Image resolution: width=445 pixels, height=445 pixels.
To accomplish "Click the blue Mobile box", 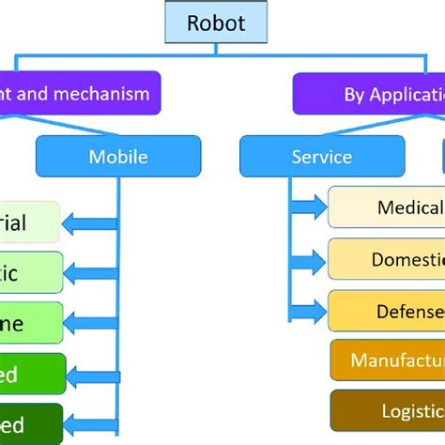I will tap(118, 156).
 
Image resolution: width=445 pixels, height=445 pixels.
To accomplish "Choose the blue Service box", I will tap(295, 156).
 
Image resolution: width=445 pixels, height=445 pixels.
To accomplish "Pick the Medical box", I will tap(386, 207).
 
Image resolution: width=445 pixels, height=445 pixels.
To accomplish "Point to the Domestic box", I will tap(386, 258).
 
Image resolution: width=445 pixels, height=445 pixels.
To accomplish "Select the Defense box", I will tap(386, 310).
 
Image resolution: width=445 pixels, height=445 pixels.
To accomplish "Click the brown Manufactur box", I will tap(386, 361).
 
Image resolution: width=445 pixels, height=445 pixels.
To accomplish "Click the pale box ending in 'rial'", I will tap(29, 222).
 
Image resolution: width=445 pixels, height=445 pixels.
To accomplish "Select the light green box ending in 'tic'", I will tap(31, 273).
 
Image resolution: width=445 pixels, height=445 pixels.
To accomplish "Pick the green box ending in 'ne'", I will tap(31, 324).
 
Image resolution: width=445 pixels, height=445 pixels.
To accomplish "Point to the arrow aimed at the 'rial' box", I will tap(89, 222).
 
